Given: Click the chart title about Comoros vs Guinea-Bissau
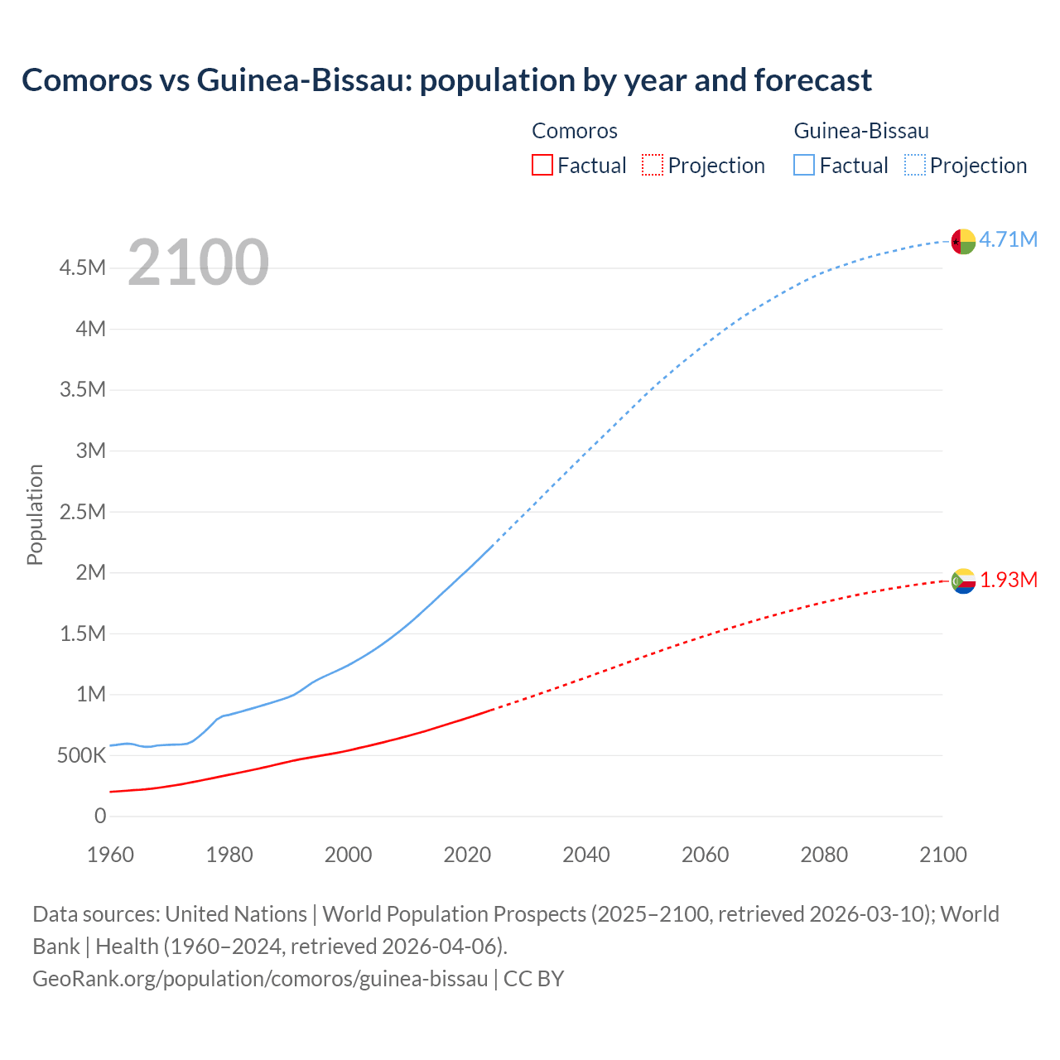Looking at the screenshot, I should point(446,80).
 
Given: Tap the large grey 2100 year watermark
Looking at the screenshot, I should point(198,263).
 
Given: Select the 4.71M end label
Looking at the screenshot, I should point(1008,239).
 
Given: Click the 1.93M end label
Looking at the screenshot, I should point(1008,580).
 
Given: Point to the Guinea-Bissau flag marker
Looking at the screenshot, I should point(963,241).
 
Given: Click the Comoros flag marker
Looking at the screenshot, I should point(963,581).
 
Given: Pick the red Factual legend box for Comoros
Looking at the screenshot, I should point(542,165).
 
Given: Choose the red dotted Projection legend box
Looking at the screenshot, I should point(653,165).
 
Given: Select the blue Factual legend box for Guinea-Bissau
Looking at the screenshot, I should point(803,165).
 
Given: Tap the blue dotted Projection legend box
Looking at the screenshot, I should point(914,165).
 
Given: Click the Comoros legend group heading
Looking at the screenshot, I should point(574,131).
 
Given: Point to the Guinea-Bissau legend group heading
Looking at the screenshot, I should point(860,131).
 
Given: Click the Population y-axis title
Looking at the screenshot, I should point(35,514).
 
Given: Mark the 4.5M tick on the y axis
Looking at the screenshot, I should point(82,267).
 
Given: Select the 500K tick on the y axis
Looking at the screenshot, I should point(81,755).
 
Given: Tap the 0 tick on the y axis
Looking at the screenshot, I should point(100,816).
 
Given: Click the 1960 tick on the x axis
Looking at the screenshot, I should point(110,855).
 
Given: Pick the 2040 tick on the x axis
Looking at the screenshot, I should point(585,855).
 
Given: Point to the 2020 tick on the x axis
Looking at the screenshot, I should point(467,855).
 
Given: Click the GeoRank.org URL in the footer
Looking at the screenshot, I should point(260,978).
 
